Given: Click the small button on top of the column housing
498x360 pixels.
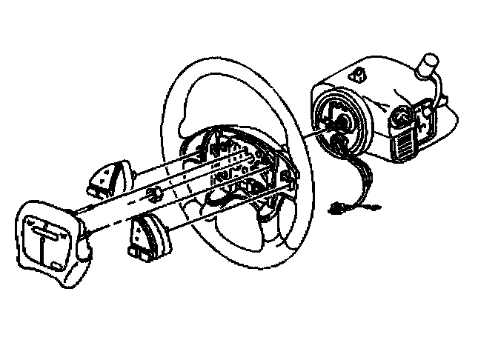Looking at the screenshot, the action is click(359, 74).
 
